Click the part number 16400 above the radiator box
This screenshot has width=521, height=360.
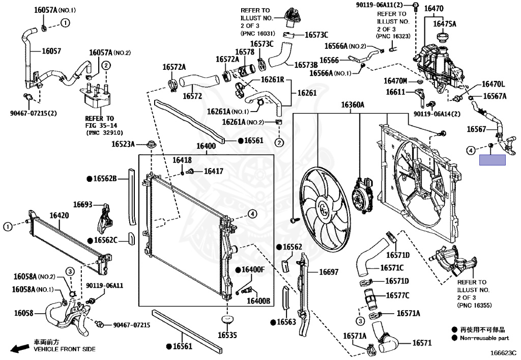click(x=206, y=147)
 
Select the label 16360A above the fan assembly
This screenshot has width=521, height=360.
click(x=353, y=105)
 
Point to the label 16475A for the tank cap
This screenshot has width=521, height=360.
click(x=445, y=23)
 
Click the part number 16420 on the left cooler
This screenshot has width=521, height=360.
click(x=59, y=215)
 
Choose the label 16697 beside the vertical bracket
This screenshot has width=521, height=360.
click(x=328, y=272)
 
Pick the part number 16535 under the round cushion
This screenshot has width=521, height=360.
click(x=227, y=335)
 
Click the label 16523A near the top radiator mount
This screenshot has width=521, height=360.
click(x=123, y=144)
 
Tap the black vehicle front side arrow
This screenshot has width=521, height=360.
click(x=19, y=348)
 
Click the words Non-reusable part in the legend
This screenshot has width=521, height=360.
click(x=484, y=338)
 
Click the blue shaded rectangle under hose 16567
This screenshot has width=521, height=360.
click(x=492, y=160)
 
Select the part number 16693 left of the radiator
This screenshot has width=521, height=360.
click(x=82, y=204)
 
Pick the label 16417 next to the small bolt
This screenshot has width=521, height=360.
click(x=213, y=172)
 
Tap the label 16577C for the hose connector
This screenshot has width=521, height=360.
click(x=397, y=295)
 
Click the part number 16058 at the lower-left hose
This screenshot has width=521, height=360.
click(x=23, y=313)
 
